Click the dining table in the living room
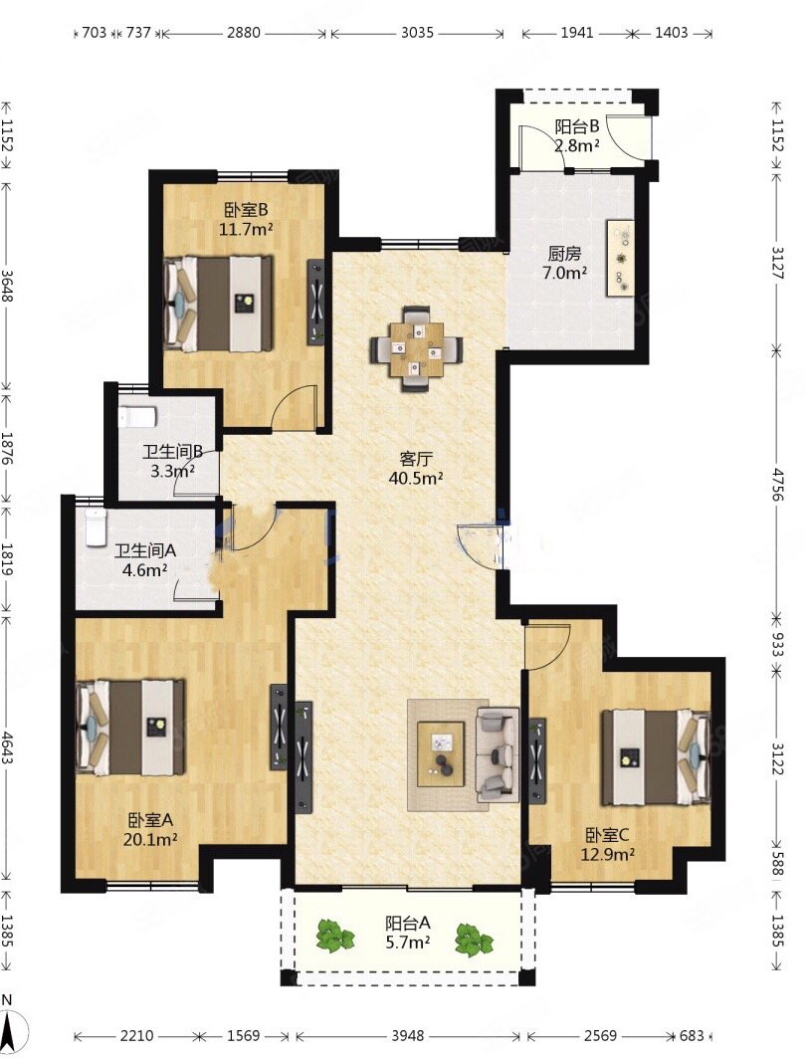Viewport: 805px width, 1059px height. [x=416, y=349]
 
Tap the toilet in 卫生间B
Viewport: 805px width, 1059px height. [x=137, y=416]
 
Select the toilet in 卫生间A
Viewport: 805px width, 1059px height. [x=96, y=527]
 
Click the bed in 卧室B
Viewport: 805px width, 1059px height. [x=220, y=304]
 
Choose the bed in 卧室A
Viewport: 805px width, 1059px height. [x=129, y=728]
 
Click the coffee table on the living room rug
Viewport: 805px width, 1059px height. [x=441, y=753]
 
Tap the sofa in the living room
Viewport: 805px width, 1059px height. [x=498, y=754]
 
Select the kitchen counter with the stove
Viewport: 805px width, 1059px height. [x=620, y=257]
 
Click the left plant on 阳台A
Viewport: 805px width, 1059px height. [x=335, y=937]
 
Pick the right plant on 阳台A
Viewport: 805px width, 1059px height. [x=474, y=940]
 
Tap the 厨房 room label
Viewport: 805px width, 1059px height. [x=564, y=254]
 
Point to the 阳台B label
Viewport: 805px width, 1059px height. [x=577, y=126]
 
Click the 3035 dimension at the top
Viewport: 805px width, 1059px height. [x=417, y=33]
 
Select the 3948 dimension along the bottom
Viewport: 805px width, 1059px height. [x=408, y=1035]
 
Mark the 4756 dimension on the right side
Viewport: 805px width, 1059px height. [x=778, y=484]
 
